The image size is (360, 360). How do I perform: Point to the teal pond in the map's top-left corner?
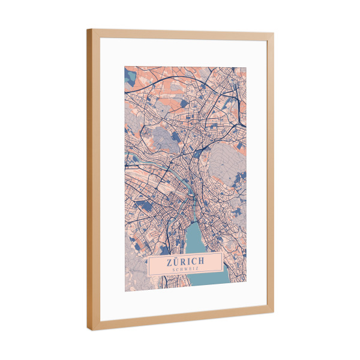130,75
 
